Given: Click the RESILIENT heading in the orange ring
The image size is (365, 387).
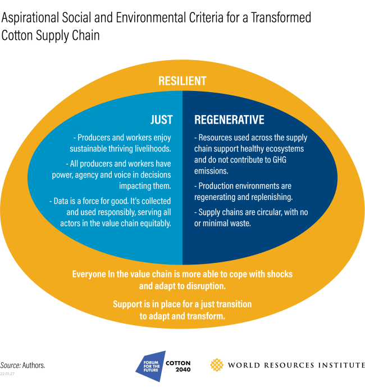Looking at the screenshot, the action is click(x=182, y=81).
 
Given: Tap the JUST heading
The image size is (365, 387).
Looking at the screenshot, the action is click(x=162, y=120).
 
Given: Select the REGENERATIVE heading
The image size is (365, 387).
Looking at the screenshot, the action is click(x=229, y=120).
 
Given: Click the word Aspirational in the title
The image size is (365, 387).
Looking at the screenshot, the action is click(x=30, y=18).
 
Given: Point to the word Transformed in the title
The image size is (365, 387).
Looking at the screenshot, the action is click(x=281, y=17).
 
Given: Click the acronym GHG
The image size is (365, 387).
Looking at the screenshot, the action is click(x=279, y=160).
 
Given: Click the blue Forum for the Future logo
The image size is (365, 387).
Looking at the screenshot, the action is click(x=151, y=366).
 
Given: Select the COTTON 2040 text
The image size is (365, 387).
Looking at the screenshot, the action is click(x=178, y=366).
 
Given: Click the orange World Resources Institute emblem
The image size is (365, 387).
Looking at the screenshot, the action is click(x=217, y=365).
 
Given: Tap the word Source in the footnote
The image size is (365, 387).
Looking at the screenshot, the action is click(x=11, y=365).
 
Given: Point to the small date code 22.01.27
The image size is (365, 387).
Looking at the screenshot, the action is click(x=7, y=374).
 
